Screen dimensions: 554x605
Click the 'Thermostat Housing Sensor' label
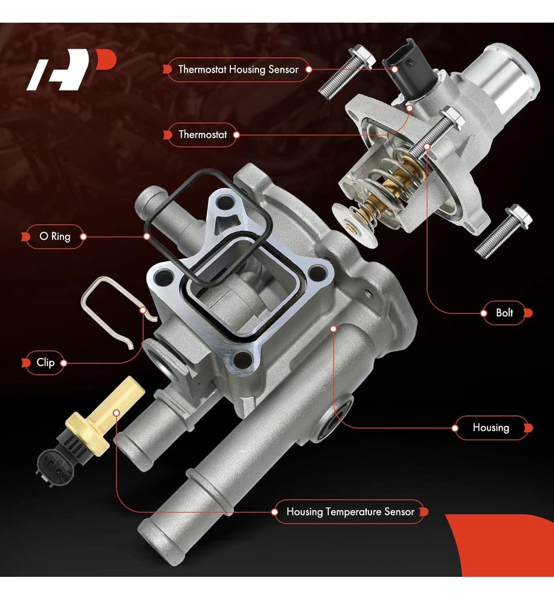click(238, 70)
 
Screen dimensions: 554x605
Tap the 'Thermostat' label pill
click(202, 134)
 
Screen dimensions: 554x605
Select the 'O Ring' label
click(55, 237)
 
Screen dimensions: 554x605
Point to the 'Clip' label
click(45, 362)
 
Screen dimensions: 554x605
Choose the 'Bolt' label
click(504, 313)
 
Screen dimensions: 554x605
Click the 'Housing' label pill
click(491, 428)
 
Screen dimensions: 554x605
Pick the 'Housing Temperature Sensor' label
click(350, 512)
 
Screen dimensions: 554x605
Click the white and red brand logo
click(71, 70)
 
